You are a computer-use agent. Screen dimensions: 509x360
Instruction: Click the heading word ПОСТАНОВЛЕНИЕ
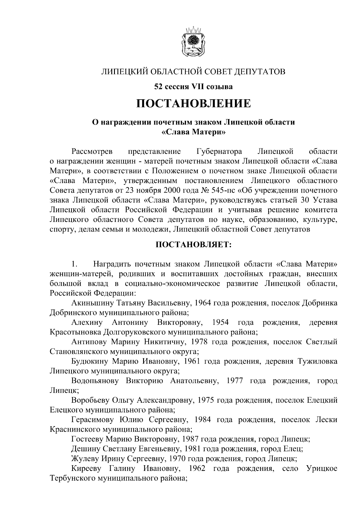(x=193, y=104)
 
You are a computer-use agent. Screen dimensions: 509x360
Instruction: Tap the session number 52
(x=158, y=87)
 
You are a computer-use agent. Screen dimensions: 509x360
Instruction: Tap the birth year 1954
(x=220, y=323)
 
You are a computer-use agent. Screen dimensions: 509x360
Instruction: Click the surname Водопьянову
(x=95, y=381)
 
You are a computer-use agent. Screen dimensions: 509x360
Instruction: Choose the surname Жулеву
(x=84, y=459)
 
